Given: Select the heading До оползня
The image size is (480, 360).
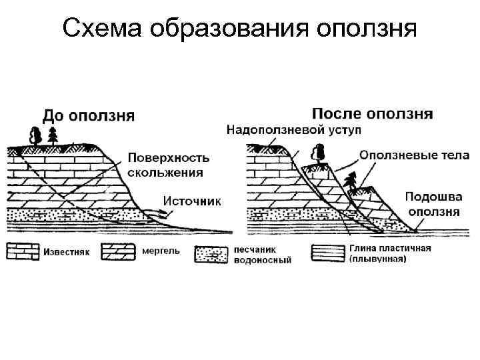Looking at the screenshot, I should [x=89, y=115].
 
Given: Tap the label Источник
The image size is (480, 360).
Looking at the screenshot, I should [x=192, y=199].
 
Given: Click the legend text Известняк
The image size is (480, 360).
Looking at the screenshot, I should [x=65, y=252].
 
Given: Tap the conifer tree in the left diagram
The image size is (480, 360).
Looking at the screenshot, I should [x=53, y=135].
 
